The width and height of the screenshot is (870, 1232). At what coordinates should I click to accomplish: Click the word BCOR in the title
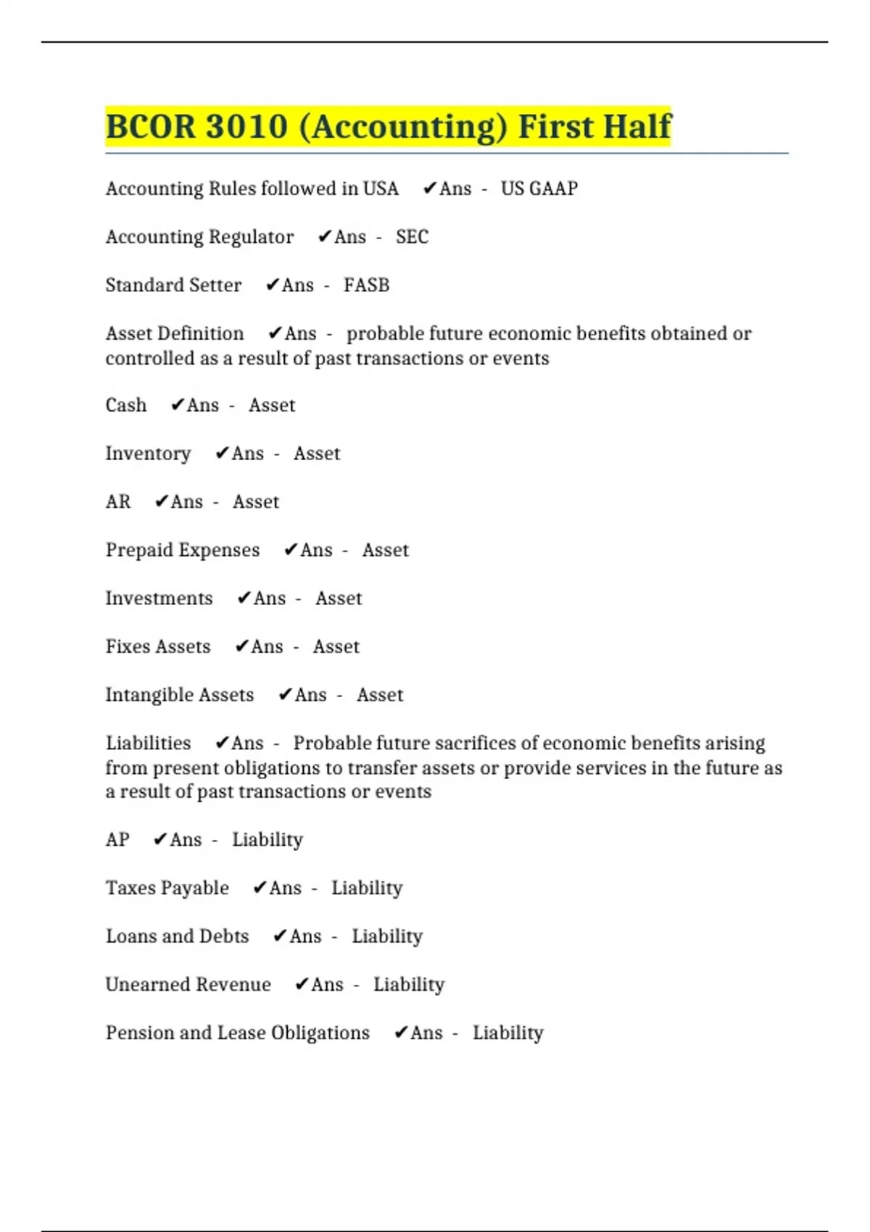[x=150, y=127]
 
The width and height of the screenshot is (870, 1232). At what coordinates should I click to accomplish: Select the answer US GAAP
[x=539, y=188]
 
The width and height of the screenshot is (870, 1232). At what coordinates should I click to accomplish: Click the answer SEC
[x=412, y=237]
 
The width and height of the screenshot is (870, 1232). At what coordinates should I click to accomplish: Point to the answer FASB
[x=366, y=285]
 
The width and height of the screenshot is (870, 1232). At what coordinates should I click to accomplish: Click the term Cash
[x=126, y=405]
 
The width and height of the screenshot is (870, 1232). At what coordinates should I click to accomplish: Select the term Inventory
[x=148, y=454]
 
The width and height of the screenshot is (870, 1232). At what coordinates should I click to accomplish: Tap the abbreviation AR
[x=118, y=501]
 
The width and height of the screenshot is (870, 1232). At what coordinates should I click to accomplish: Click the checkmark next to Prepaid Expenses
[x=290, y=550]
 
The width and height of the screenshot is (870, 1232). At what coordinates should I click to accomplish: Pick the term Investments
[x=159, y=599]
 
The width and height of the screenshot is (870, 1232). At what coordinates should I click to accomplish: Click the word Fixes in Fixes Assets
[x=128, y=646]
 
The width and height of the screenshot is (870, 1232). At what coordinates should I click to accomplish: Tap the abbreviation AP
[x=117, y=840]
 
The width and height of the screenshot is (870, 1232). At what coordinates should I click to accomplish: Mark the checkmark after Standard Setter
[x=272, y=285]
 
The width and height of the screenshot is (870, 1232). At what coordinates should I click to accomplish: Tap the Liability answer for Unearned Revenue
[x=409, y=984]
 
